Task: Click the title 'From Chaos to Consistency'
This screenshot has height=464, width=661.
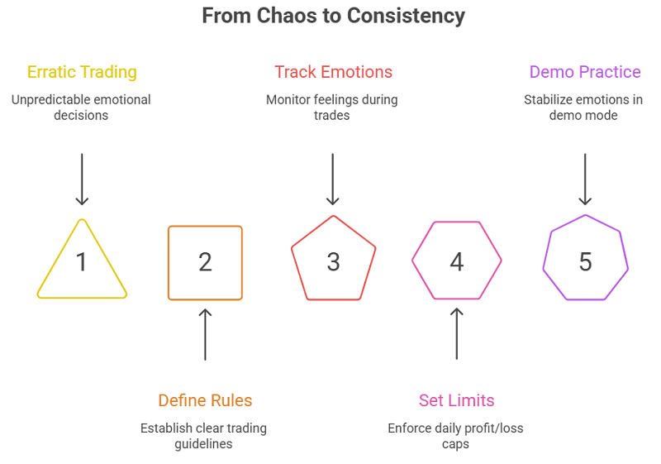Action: click(333, 16)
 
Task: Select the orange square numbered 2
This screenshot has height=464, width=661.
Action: click(205, 262)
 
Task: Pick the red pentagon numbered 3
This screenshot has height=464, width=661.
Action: click(333, 261)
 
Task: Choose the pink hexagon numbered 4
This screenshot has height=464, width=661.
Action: click(457, 261)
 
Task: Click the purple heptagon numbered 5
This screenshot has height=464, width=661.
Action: click(585, 261)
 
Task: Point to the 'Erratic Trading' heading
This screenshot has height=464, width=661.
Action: click(82, 72)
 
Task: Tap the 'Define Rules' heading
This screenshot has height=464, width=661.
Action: click(205, 400)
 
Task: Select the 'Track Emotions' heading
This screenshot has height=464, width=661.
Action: click(333, 72)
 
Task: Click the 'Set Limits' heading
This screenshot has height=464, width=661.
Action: click(456, 400)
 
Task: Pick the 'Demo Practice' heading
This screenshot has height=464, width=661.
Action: click(585, 72)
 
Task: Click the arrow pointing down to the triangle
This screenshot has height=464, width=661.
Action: click(82, 178)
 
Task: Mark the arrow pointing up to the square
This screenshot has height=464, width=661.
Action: click(205, 334)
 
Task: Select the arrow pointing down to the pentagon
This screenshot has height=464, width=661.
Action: click(332, 178)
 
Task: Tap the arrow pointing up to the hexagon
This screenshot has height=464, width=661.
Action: click(456, 334)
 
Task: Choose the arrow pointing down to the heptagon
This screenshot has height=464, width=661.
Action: click(585, 178)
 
